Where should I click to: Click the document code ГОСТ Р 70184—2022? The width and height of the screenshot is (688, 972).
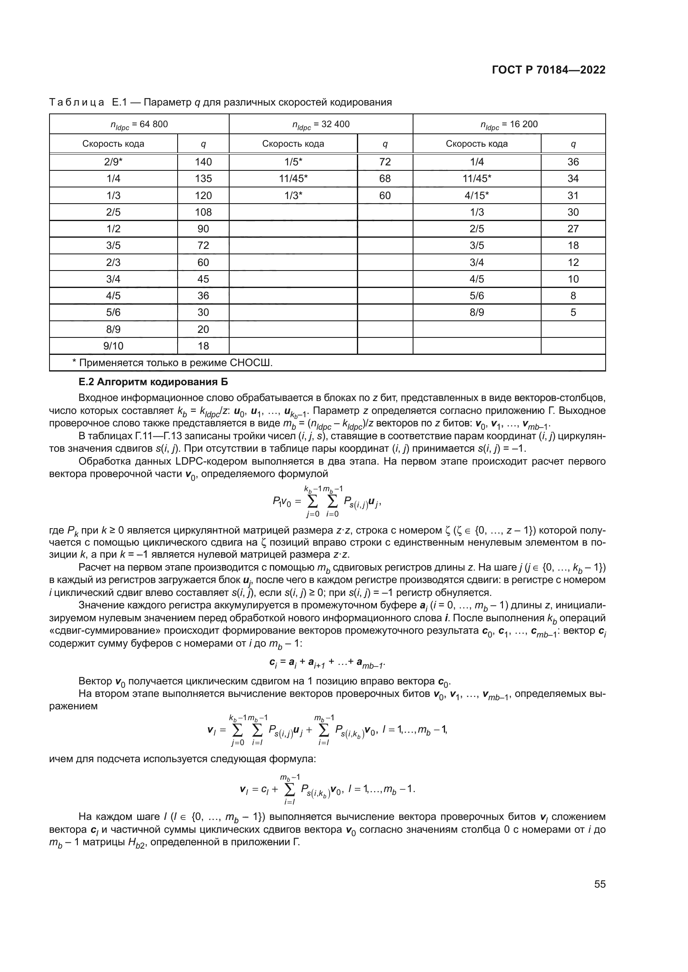549,70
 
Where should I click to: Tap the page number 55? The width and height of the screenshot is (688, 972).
599,884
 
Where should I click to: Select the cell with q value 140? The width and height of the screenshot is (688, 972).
203,162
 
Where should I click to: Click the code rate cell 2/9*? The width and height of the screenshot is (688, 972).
113,162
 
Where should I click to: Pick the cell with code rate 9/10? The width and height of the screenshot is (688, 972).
113,346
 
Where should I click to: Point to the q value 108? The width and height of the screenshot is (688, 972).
203,212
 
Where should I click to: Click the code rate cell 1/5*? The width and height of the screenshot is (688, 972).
293,162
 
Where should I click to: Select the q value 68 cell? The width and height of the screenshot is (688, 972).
385,179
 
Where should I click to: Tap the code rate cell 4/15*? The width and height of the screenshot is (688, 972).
477,196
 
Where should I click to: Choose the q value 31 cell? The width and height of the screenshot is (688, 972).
573,196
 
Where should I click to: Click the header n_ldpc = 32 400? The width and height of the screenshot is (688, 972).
321,125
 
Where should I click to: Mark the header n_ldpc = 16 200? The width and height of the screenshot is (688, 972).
509,125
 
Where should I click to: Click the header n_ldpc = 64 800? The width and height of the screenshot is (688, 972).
139,125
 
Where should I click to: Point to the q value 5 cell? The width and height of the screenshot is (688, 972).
573,313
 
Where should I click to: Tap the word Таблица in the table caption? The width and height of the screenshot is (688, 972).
77,102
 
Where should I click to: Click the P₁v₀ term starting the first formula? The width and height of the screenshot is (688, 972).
281,502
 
